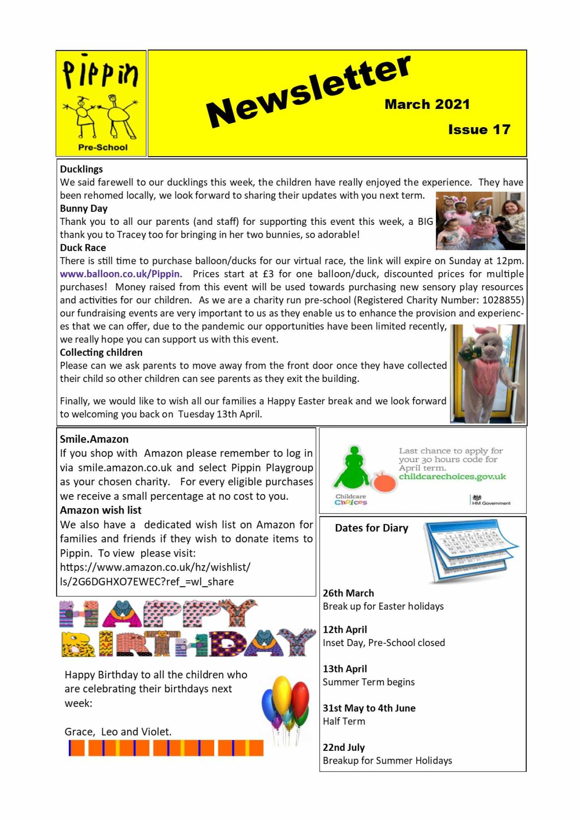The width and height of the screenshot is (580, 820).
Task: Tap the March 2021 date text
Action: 427,104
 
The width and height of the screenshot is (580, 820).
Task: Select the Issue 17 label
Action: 479,130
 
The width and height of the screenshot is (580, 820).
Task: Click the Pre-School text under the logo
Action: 103,147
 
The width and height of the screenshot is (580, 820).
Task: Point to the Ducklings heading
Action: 81,169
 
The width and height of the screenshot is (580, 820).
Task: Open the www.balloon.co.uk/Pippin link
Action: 121,274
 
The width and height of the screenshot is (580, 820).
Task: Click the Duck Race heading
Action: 83,248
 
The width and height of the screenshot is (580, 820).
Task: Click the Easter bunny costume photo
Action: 488,374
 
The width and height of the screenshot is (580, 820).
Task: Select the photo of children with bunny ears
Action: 480,221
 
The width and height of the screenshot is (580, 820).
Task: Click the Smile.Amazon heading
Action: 94,439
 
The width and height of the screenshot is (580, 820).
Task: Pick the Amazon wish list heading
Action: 101,510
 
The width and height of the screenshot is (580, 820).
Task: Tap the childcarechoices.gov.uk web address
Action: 452,477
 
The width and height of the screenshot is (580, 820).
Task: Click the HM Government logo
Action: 491,500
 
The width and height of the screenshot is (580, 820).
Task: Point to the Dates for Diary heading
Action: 372,528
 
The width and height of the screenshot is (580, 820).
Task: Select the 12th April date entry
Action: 345,629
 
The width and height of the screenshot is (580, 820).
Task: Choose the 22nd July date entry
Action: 343,748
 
